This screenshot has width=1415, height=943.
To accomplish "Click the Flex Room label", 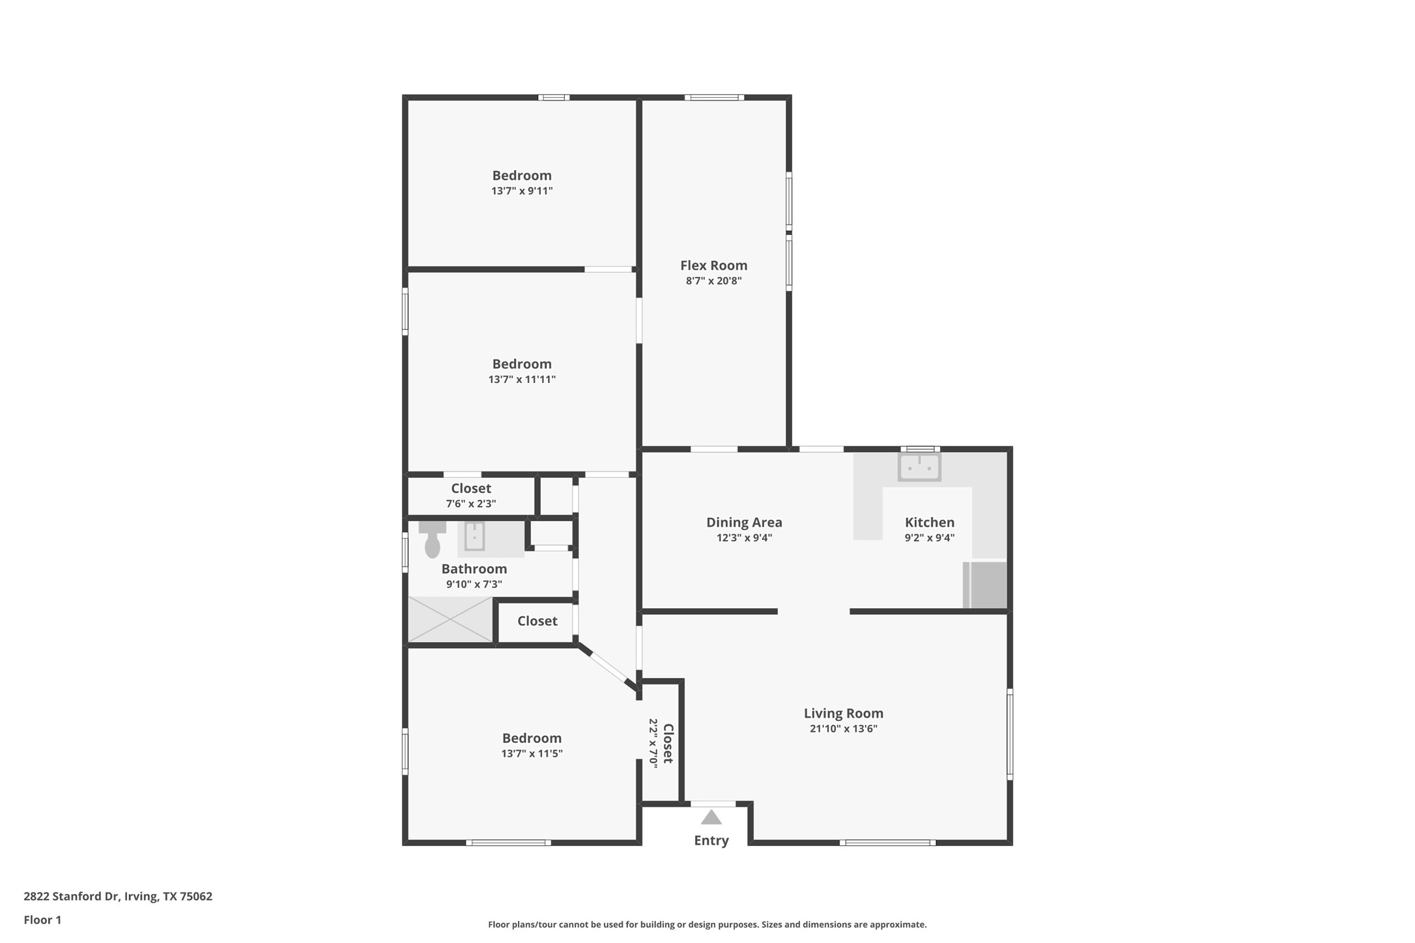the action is click(713, 265).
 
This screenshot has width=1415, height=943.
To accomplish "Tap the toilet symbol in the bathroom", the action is click(432, 539).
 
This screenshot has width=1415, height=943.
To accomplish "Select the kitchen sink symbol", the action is click(919, 467).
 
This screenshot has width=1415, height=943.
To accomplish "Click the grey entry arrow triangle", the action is click(711, 817).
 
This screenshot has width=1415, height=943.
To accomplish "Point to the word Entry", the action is click(711, 840).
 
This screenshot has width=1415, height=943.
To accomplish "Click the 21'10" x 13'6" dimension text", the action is click(844, 729).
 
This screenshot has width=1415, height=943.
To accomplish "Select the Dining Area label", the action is click(744, 522).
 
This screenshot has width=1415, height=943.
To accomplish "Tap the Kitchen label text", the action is click(930, 522).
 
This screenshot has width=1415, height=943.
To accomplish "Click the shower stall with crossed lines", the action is click(450, 619).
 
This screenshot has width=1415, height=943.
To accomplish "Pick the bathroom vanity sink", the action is click(474, 537).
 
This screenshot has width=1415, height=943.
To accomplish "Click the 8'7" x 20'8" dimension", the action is click(713, 281).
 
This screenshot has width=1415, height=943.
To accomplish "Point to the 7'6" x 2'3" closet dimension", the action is click(471, 503).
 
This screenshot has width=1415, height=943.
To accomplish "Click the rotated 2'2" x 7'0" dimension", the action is click(653, 743).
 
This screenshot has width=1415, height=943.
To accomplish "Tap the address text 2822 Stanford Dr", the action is click(71, 896).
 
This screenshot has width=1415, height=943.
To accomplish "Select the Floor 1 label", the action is click(42, 920).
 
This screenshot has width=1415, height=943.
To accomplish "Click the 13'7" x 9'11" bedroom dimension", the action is click(522, 191).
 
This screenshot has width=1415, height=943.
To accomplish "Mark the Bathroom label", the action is click(474, 569).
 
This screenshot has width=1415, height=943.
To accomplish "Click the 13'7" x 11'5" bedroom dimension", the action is click(532, 753).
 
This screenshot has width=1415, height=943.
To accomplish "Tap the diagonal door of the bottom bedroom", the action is click(608, 667).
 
